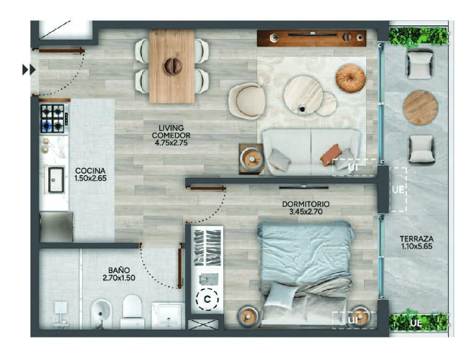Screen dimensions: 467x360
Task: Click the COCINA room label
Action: [x=90, y=171]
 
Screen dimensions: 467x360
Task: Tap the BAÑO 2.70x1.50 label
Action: [x=119, y=274]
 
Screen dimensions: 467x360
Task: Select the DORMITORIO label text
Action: [x=306, y=204]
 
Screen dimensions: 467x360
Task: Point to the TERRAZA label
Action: [x=416, y=239]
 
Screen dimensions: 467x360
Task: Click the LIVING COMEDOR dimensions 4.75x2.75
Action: [x=171, y=143]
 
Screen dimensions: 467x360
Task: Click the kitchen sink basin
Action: [x=56, y=179]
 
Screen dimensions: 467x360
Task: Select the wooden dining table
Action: [x=172, y=66]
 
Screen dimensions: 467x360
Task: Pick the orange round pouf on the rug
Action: [x=350, y=78]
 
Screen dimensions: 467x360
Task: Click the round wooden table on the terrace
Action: [x=420, y=108]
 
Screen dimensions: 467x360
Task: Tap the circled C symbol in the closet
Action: [x=207, y=299]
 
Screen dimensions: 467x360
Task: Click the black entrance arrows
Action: [x=29, y=70]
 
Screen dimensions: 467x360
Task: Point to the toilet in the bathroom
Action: [x=132, y=311]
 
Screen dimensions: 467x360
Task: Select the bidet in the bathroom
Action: [x=101, y=314]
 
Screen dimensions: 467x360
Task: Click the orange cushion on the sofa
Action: [x=331, y=155]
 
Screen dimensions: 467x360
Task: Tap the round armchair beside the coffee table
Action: [x=247, y=101]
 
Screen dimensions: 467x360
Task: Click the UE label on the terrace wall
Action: [x=398, y=189]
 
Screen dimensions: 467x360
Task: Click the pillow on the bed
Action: [x=280, y=296]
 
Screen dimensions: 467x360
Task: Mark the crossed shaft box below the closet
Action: [x=203, y=324]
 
